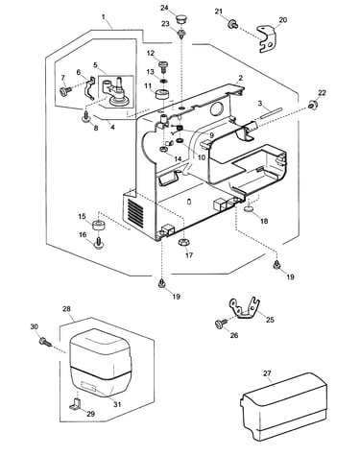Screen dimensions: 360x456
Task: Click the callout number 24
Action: [x=165, y=8]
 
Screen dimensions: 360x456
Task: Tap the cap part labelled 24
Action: [x=181, y=17]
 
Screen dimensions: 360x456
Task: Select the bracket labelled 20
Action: [x=266, y=39]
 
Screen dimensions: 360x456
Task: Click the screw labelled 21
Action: [x=232, y=24]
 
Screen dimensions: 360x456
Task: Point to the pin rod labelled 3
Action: [x=271, y=113]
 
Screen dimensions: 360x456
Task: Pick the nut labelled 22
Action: [x=312, y=105]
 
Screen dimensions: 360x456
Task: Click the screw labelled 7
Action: [x=65, y=91]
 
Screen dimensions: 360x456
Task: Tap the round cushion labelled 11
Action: [x=162, y=95]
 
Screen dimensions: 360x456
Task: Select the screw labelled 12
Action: [x=163, y=66]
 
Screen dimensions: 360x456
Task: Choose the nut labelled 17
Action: [x=182, y=242]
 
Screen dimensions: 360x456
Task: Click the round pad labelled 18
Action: [x=249, y=209]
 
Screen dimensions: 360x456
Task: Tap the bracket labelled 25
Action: [x=244, y=308]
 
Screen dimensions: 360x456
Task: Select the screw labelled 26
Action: [x=220, y=323]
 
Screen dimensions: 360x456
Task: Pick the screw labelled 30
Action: [x=45, y=342]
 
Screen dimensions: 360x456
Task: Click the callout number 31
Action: [x=117, y=404]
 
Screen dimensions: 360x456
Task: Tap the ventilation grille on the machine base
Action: [x=133, y=212]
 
